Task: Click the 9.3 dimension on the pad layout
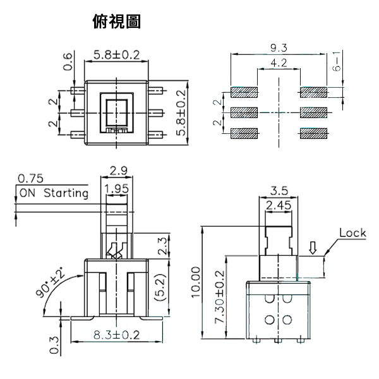[x=279, y=47]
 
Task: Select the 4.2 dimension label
[x=279, y=64]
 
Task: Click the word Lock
[x=352, y=232]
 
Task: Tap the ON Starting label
[x=54, y=193]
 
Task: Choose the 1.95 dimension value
[x=117, y=188]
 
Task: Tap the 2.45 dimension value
[x=279, y=205]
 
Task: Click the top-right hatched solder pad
[x=314, y=92]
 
